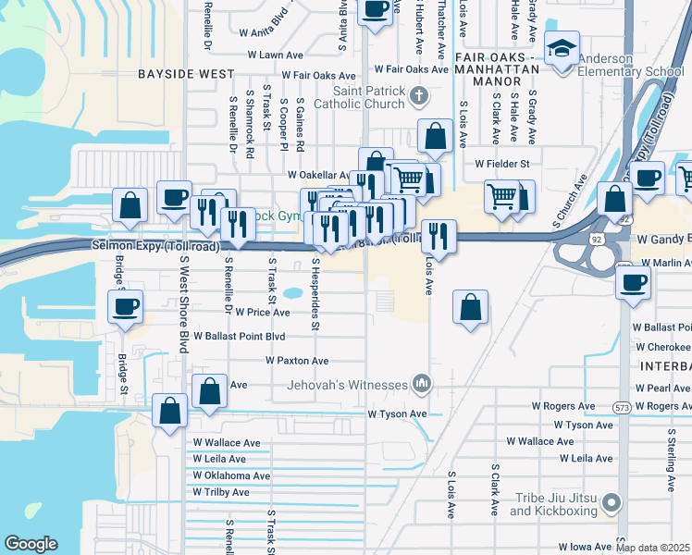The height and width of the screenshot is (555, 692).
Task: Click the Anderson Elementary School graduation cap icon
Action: [x=562, y=47]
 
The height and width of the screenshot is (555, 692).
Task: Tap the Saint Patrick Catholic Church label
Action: [x=369, y=97]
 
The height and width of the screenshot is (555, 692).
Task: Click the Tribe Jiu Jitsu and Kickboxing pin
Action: [x=611, y=503]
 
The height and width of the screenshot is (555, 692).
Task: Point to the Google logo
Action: [x=31, y=543]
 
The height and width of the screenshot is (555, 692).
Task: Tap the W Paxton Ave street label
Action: [x=297, y=361]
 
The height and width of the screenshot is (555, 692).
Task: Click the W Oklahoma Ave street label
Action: [x=231, y=475]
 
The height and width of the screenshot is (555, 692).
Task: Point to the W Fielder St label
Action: [x=501, y=164]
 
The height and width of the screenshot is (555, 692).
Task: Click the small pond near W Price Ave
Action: [x=293, y=294]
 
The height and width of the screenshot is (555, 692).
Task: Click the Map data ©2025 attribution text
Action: [x=652, y=548]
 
